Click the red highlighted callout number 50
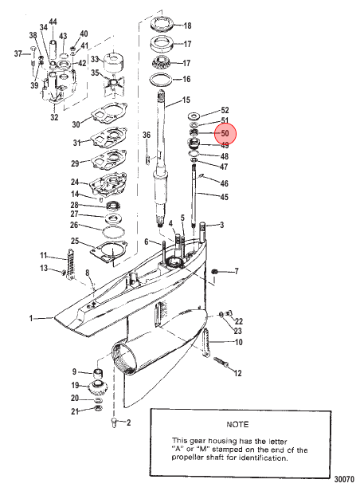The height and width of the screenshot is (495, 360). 225,134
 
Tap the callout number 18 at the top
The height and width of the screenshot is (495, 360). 187,26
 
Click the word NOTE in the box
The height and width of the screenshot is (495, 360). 237,424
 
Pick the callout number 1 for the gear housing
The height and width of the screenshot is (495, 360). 31,319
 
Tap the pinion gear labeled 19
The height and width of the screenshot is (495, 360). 98,387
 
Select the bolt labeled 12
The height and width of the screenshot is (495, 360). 221,363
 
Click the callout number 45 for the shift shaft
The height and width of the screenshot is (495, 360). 224,197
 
